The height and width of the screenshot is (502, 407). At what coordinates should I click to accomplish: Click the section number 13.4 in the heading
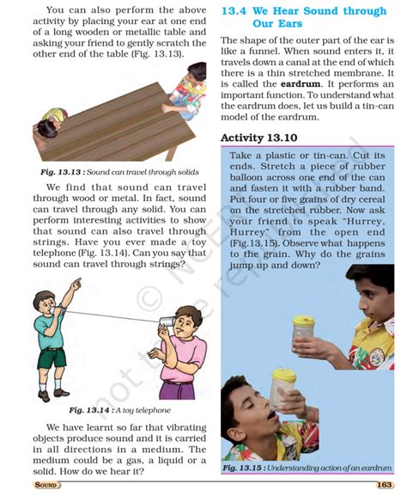click(236, 12)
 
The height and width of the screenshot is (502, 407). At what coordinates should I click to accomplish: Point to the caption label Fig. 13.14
click(88, 411)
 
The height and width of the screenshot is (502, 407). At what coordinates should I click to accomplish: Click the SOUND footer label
click(46, 487)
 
